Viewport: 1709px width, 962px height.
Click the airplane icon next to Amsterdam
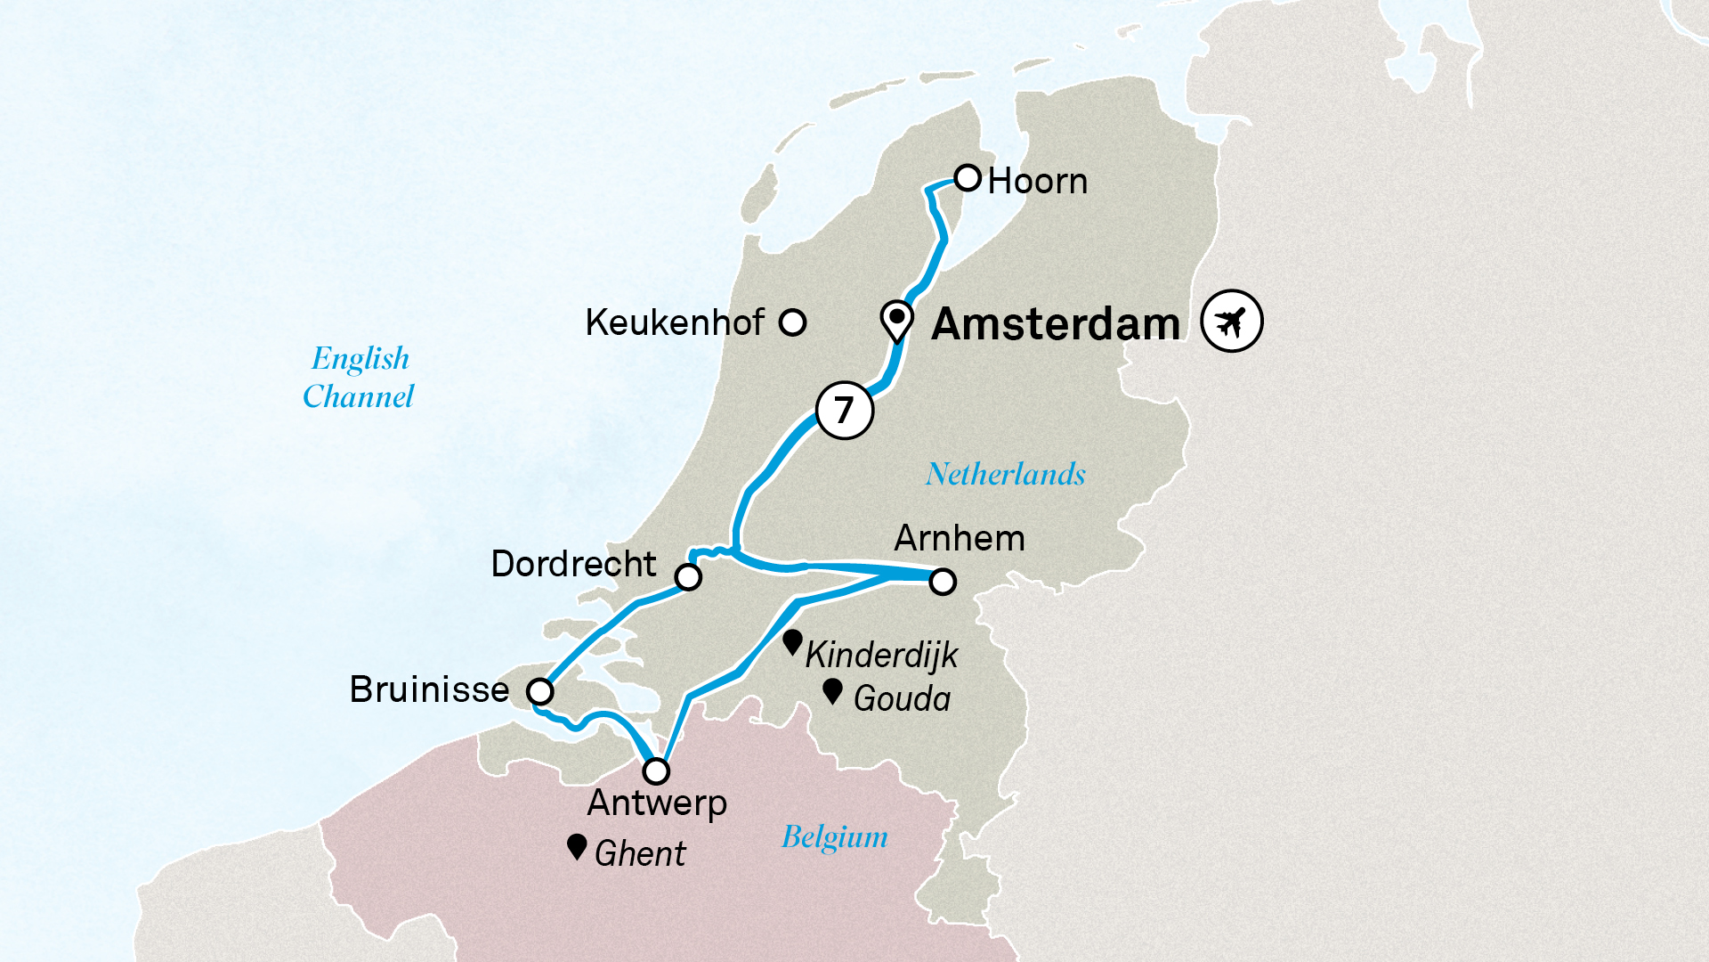coord(1231,321)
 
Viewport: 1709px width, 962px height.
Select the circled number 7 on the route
coord(844,410)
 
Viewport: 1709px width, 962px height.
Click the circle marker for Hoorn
coord(968,177)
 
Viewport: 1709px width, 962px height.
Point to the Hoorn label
coord(1038,182)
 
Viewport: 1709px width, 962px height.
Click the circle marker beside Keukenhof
coord(792,322)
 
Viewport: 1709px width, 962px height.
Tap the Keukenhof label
coord(675,322)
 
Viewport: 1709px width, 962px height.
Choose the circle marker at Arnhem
coord(943,582)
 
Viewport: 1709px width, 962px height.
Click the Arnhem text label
coord(960,538)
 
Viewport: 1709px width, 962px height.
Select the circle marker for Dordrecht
coord(688,577)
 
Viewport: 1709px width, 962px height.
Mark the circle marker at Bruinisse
coord(539,691)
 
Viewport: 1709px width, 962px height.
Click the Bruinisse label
coord(429,689)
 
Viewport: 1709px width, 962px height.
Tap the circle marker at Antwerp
coord(656,770)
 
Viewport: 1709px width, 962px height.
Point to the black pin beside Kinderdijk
coord(792,642)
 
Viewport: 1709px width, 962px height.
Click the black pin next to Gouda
coord(832,691)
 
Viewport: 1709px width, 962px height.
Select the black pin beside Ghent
coord(577,847)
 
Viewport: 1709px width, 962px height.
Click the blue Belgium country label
coord(834,837)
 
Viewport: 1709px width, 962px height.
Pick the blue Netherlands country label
coord(1006,474)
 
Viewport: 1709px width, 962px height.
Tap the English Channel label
coord(359,377)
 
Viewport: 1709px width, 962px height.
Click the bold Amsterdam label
coord(1056,324)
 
